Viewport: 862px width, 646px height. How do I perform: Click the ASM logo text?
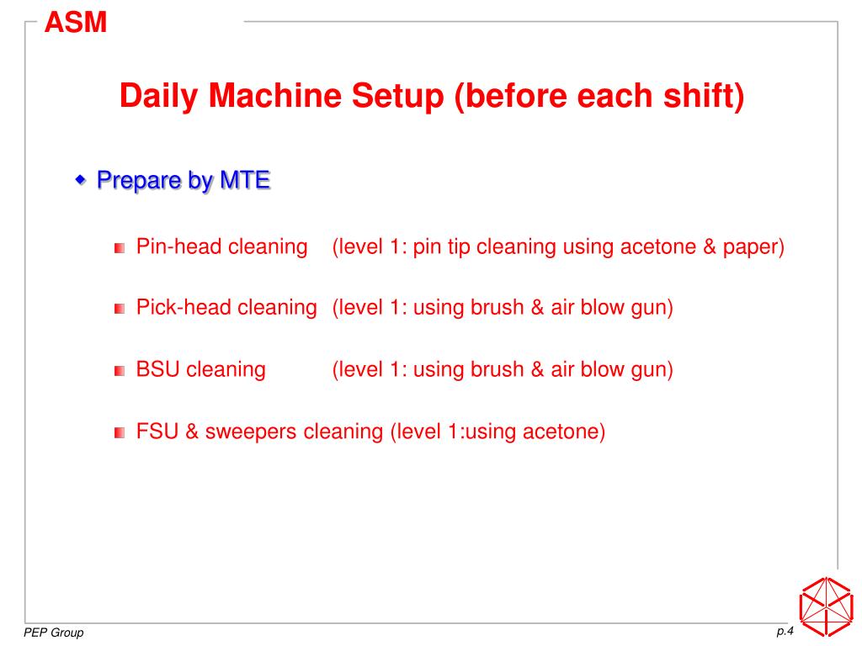75,23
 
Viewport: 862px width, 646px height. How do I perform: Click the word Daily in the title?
159,97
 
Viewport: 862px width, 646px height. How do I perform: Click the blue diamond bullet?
80,179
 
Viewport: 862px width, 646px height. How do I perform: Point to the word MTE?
245,180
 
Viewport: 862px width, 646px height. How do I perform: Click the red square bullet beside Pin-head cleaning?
120,248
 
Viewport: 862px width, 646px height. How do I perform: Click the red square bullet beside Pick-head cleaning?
120,309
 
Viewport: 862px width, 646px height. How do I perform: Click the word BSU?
157,369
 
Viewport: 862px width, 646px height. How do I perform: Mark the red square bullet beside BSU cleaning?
120,371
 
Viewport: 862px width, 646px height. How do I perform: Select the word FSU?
157,432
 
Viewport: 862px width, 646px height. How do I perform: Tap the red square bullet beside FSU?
120,433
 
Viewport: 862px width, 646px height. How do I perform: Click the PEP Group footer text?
53,633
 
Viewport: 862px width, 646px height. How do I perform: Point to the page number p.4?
785,631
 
